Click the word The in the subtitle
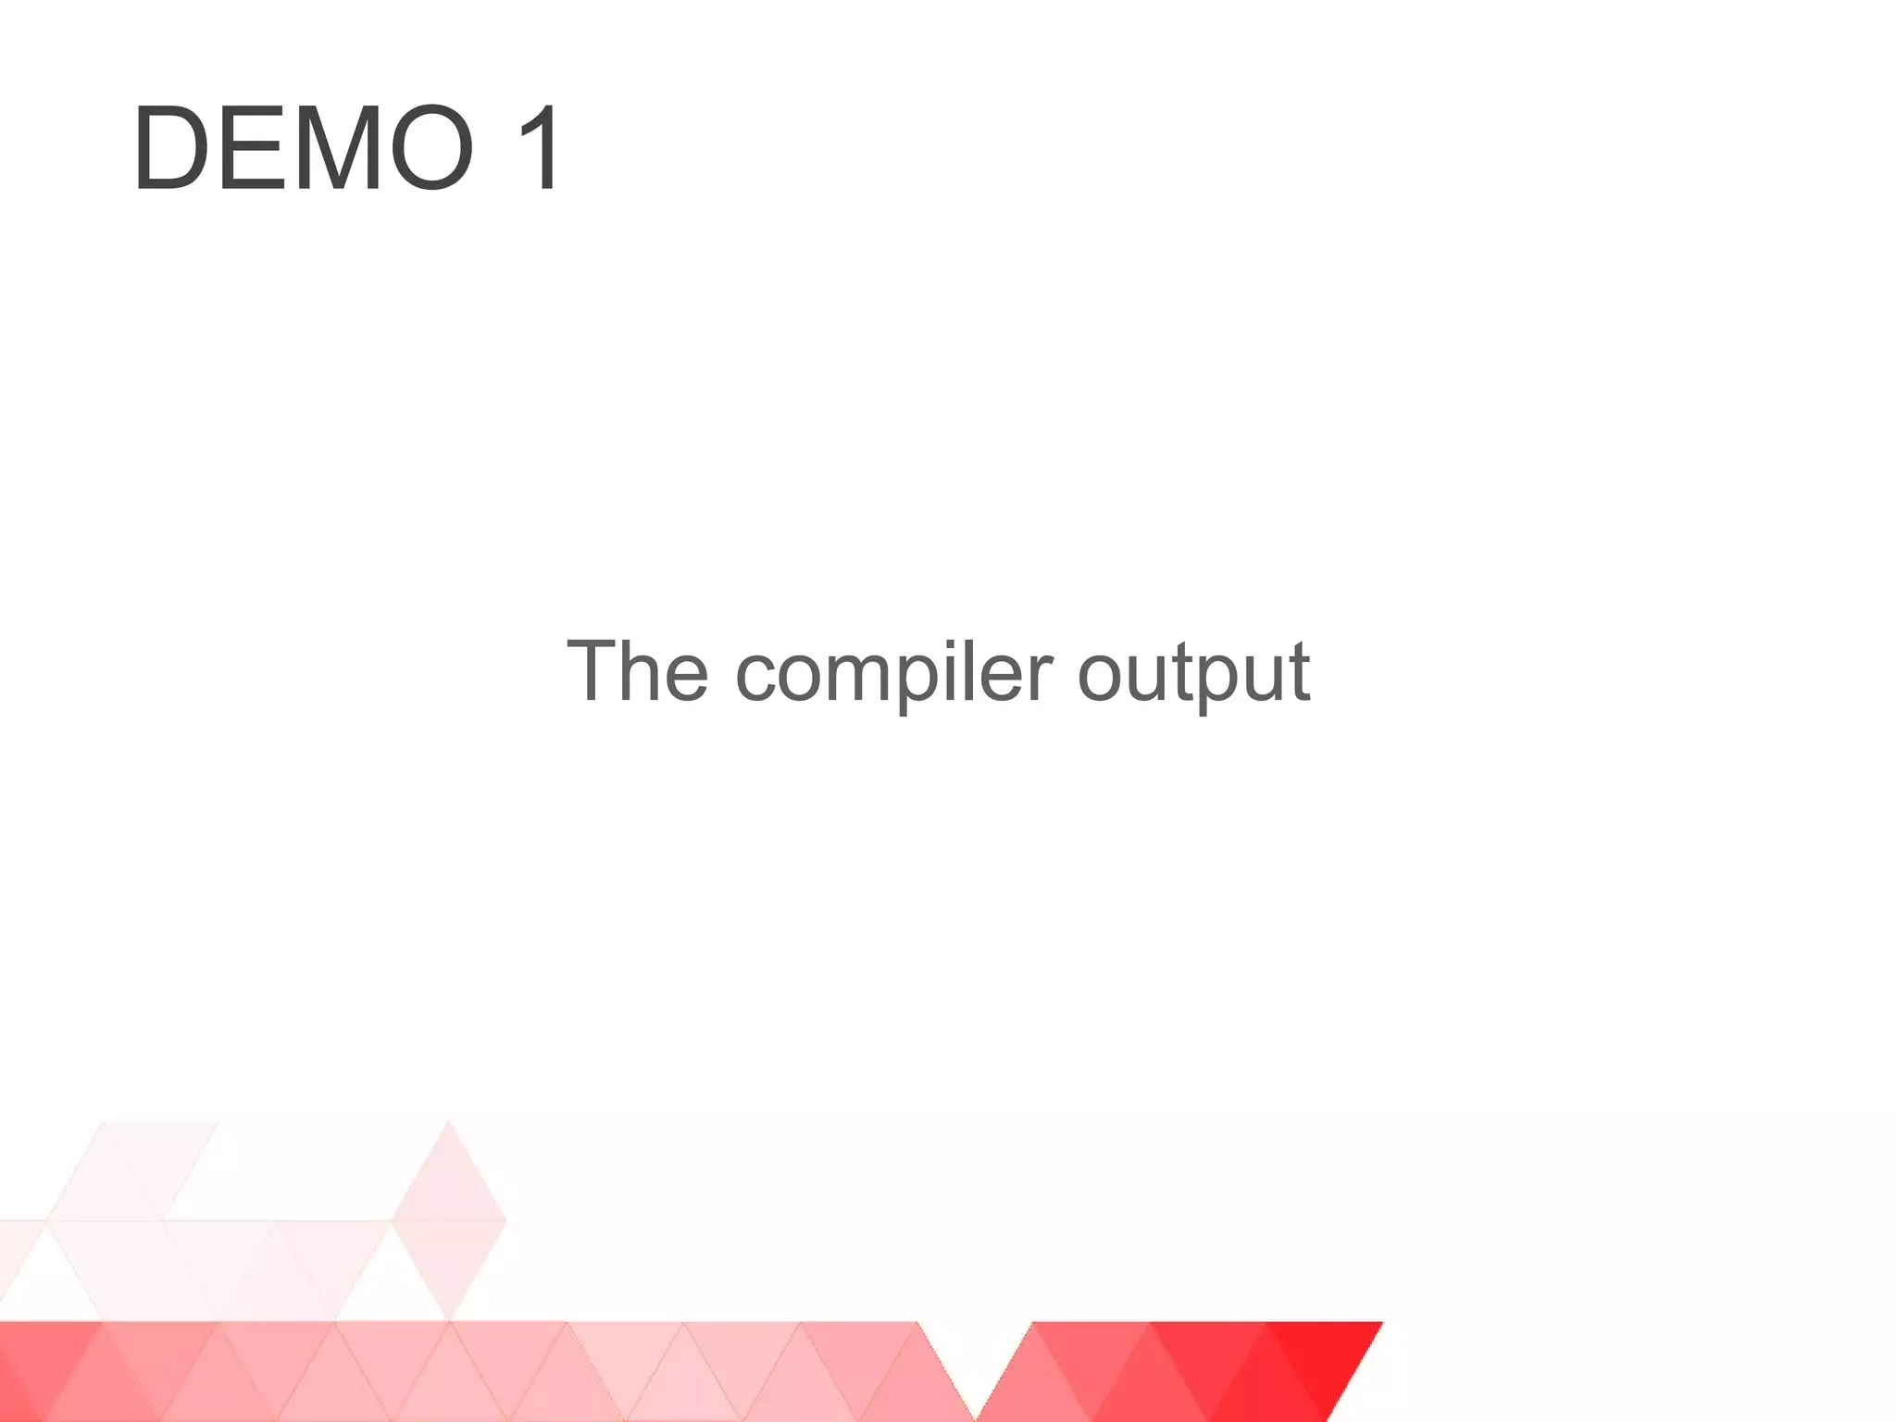click(x=638, y=670)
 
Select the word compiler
click(x=894, y=672)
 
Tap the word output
click(x=1194, y=672)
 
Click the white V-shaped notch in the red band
click(x=974, y=1361)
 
